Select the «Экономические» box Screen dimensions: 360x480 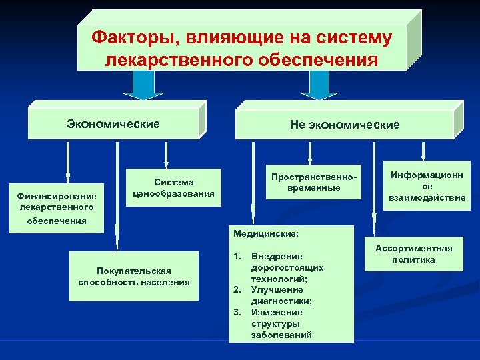click(113, 124)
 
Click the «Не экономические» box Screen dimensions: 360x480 click(345, 125)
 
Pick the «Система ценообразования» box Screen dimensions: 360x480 click(174, 188)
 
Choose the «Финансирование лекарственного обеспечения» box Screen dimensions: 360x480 click(57, 208)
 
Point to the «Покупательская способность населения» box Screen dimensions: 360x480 click(133, 276)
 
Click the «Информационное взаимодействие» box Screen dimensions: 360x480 click(427, 187)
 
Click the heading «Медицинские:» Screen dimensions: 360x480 click(266, 234)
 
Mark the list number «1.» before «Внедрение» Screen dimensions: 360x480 click(237, 256)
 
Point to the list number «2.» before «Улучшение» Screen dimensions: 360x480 click(237, 289)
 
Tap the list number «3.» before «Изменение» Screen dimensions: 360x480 click(237, 312)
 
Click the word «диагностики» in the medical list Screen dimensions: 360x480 click(277, 301)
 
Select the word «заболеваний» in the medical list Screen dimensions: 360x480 click(281, 335)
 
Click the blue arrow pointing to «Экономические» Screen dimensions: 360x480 click(144, 85)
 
